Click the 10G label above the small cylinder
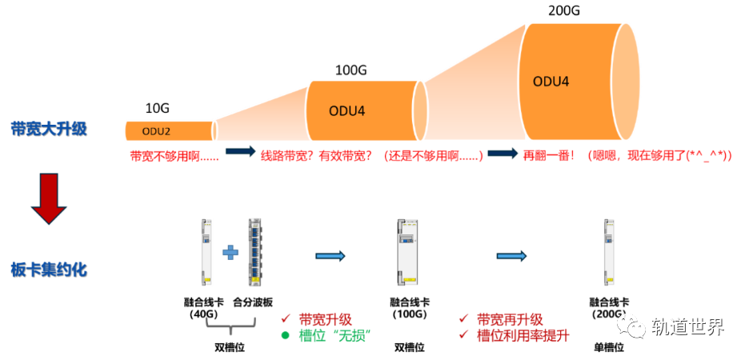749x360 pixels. [157, 108]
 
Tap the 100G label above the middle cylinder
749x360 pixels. [350, 70]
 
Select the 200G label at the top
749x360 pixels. [565, 12]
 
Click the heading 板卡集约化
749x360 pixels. [49, 270]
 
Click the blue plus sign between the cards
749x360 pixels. [230, 253]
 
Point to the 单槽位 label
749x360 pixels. [609, 348]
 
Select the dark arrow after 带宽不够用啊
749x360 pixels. [240, 151]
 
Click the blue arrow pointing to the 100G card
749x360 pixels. [330, 256]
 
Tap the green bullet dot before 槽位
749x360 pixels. [285, 335]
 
